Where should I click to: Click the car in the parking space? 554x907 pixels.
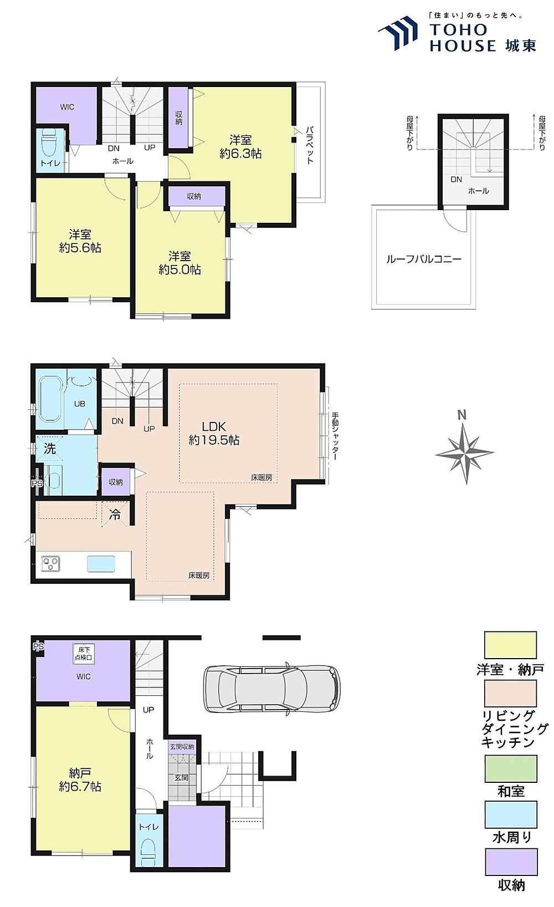click(x=271, y=689)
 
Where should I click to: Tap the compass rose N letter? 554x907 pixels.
click(x=461, y=415)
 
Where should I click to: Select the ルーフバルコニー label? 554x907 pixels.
click(x=424, y=259)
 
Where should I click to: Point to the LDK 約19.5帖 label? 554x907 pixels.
click(x=214, y=433)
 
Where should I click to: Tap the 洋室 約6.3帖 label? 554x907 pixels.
click(x=240, y=147)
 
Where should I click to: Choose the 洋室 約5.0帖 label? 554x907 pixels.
click(x=179, y=263)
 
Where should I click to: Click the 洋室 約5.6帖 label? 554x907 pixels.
click(x=80, y=241)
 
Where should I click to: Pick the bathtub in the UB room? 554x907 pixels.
click(x=50, y=399)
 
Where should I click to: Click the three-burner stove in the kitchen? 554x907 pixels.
click(x=50, y=563)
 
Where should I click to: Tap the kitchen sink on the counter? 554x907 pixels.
click(x=101, y=564)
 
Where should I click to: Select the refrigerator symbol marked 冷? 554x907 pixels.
click(x=115, y=514)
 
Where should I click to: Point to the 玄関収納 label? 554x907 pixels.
click(x=182, y=747)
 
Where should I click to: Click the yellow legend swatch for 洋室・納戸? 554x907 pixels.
click(x=511, y=645)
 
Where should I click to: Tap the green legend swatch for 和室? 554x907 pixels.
click(x=511, y=768)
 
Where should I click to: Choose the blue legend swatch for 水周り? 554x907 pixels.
click(x=511, y=814)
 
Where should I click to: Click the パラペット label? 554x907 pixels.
click(x=310, y=145)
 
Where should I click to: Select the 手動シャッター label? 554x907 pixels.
click(x=335, y=436)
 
